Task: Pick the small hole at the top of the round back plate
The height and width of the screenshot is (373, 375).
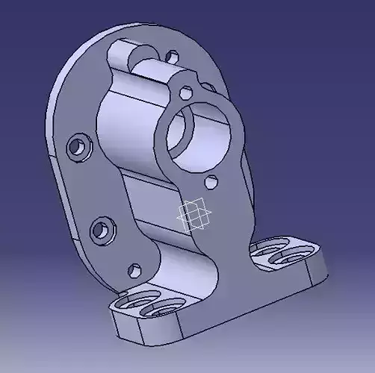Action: coord(172,56)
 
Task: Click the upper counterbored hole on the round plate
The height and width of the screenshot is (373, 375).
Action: coord(77,147)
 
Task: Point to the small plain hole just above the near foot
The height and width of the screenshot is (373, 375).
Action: coord(134,269)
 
